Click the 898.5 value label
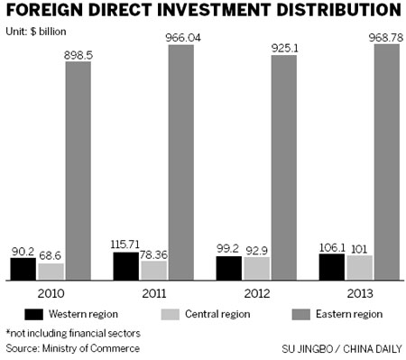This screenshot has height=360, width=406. pos(78,54)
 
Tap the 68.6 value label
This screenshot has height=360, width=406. pos(51,255)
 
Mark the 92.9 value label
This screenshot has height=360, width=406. pos(258,249)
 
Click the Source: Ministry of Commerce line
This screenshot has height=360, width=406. pos(72,347)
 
